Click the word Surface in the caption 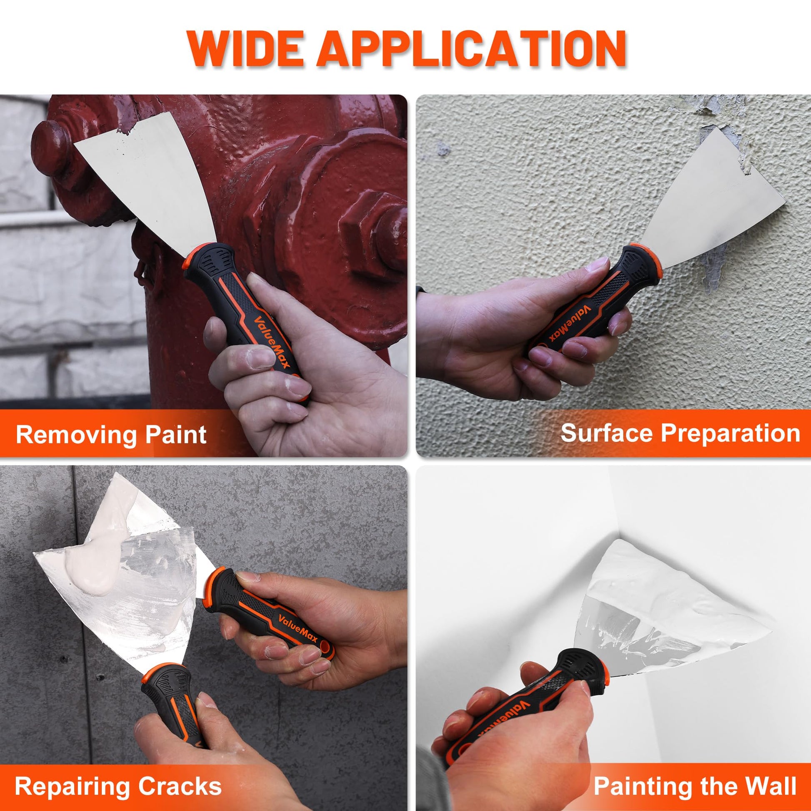608,433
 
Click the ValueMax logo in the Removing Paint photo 271,343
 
